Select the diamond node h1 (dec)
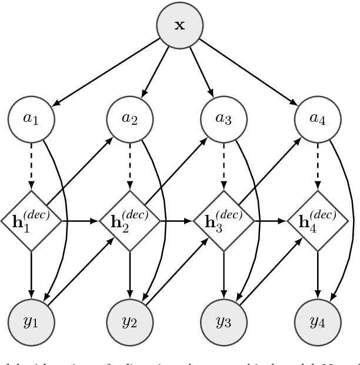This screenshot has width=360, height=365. [x=32, y=221]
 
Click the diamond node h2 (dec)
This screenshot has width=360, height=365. [x=128, y=221]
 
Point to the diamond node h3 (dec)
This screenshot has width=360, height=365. [x=223, y=221]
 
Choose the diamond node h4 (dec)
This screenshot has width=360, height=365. [x=318, y=221]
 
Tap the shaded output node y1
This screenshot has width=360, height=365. [x=32, y=323]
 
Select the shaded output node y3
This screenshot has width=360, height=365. [x=223, y=323]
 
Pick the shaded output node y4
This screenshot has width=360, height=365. [x=318, y=323]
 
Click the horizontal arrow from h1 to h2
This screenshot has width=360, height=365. [x=79, y=221]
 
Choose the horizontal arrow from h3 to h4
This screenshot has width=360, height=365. [x=271, y=221]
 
